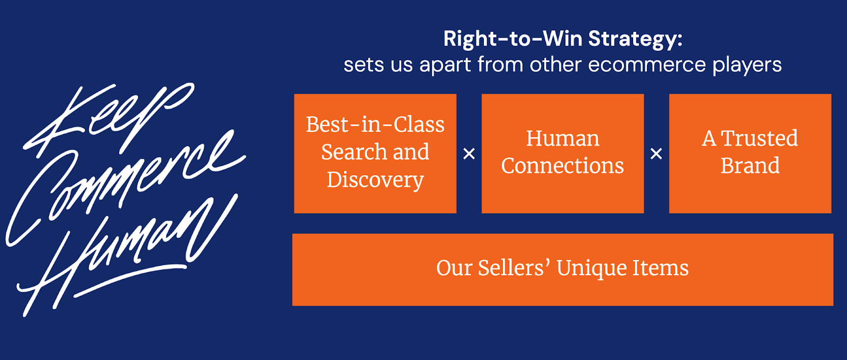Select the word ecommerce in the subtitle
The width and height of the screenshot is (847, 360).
[646, 65]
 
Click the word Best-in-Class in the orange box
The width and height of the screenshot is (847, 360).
[375, 125]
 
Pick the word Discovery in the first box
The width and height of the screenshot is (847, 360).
[375, 180]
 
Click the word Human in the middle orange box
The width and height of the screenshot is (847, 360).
[563, 139]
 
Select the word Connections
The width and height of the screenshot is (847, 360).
[563, 166]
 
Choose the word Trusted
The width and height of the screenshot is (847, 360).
[760, 139]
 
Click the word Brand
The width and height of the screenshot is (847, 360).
[750, 166]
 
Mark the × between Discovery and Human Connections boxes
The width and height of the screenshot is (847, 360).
[469, 154]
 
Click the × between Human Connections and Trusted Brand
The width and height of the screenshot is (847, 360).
[656, 154]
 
